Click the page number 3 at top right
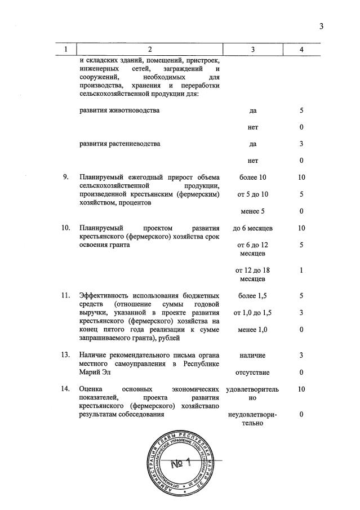coord(321,25)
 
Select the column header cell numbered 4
coord(301,50)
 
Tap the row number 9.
coord(66,178)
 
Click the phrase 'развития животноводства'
coord(119,110)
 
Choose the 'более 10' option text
coord(252,178)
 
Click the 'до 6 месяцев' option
coord(252,228)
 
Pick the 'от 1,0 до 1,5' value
coord(252,312)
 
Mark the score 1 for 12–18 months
coord(301,270)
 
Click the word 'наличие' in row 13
coord(252,355)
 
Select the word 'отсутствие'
coord(252,372)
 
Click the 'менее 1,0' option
coord(252,329)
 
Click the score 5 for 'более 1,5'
coord(301,295)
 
